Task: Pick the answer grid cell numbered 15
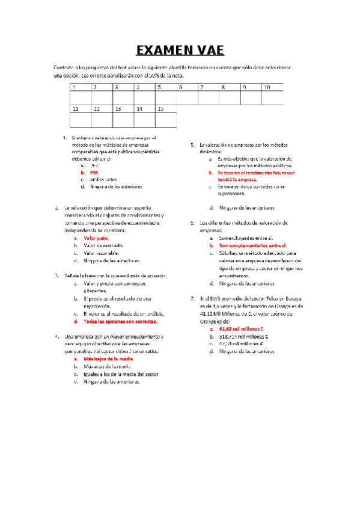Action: [166, 116]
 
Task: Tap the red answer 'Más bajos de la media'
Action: [108, 358]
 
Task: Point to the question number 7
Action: [192, 299]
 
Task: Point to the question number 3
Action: [56, 275]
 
